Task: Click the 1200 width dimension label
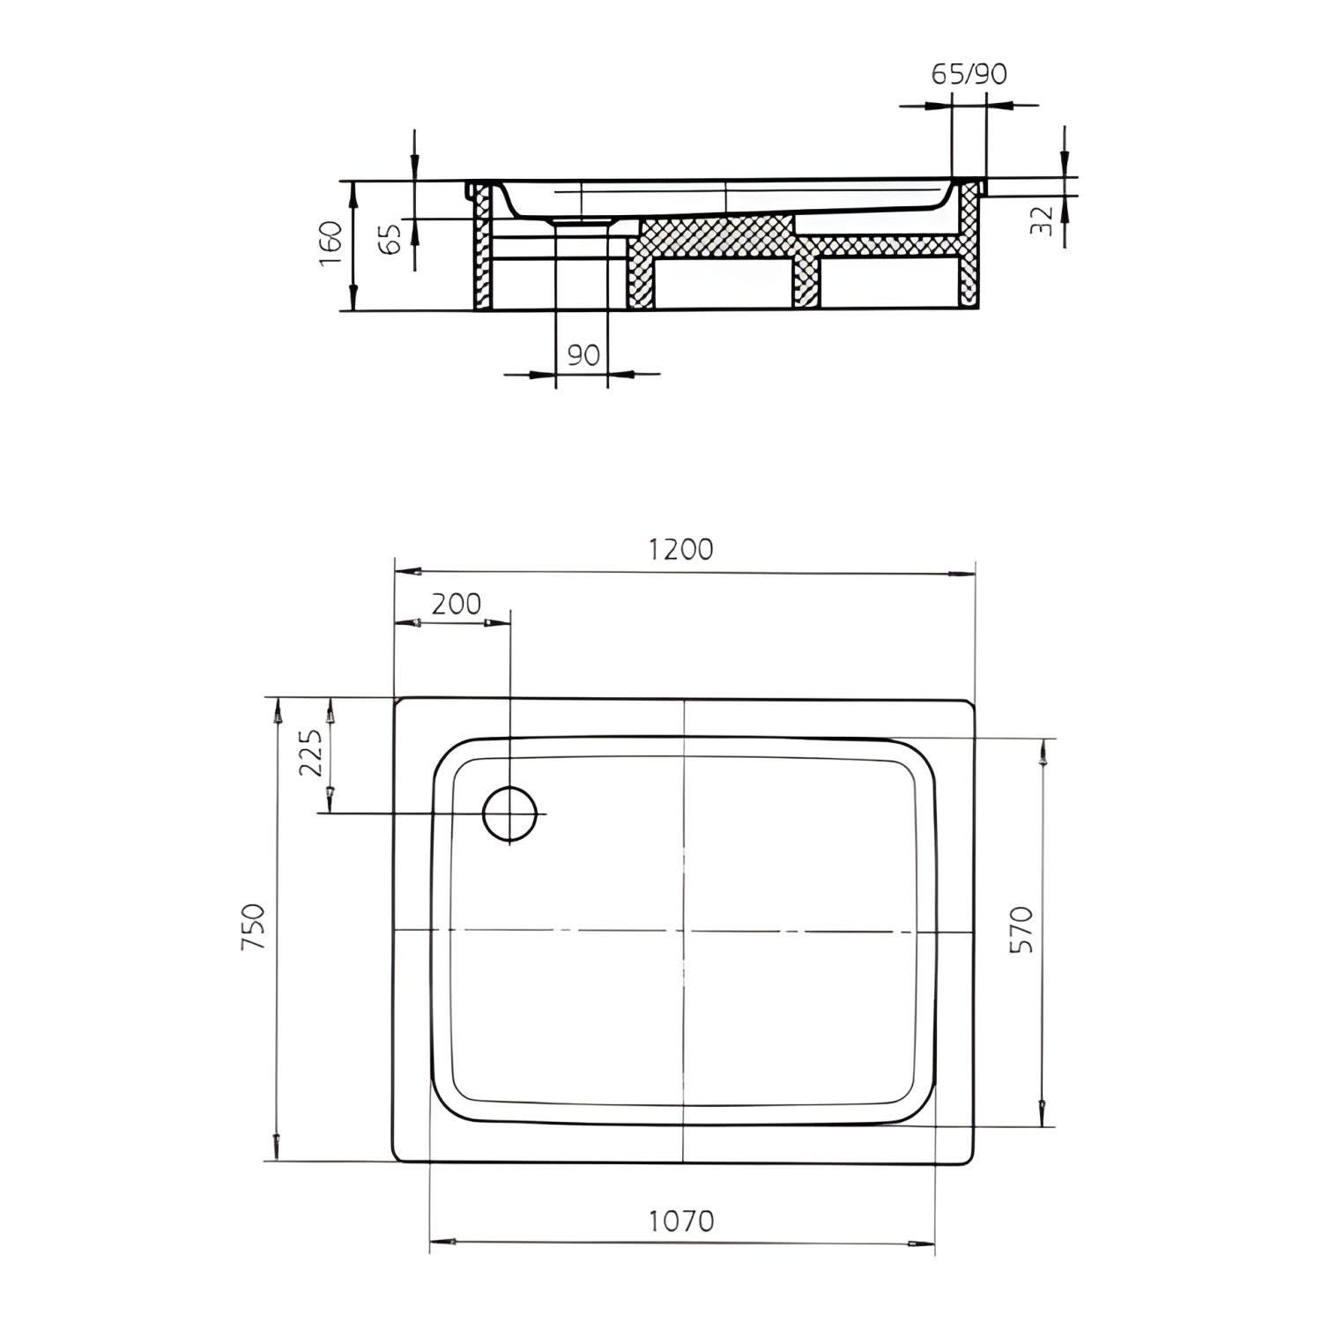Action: [680, 549]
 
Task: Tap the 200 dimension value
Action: [457, 604]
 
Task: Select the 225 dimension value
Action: [311, 752]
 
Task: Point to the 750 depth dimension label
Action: [253, 926]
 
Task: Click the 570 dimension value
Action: [1020, 929]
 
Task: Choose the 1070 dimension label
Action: [681, 1222]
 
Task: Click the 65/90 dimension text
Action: [969, 74]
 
